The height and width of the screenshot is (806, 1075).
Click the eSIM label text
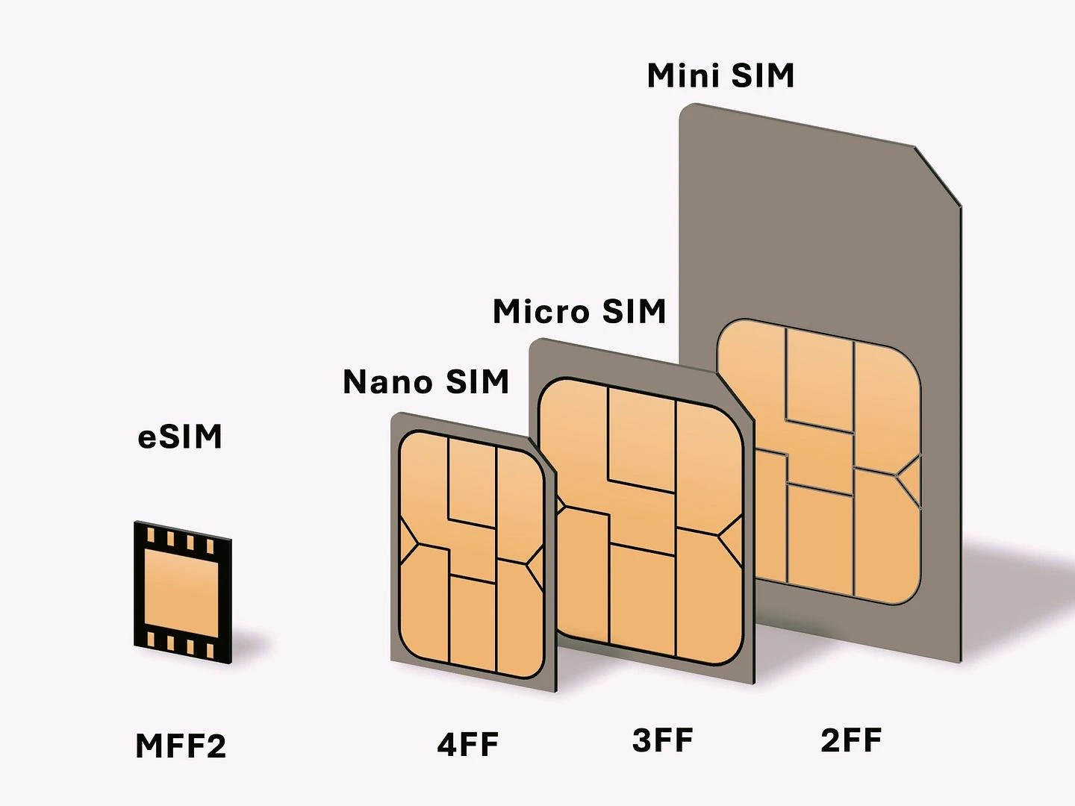pyautogui.click(x=180, y=437)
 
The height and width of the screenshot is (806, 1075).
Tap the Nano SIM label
pyautogui.click(x=426, y=381)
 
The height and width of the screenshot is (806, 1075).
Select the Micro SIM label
pyautogui.click(x=579, y=311)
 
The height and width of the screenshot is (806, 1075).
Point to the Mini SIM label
pyautogui.click(x=720, y=75)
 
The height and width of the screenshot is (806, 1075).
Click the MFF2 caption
pyautogui.click(x=181, y=746)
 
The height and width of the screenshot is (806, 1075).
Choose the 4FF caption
pyautogui.click(x=468, y=744)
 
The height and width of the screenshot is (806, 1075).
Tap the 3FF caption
pyautogui.click(x=663, y=740)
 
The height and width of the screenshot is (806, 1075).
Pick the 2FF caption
pyautogui.click(x=851, y=740)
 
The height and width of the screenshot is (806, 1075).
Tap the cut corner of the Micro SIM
pyautogui.click(x=735, y=396)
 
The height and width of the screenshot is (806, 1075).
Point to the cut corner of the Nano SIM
pyautogui.click(x=543, y=455)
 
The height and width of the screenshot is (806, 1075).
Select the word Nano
pyautogui.click(x=387, y=381)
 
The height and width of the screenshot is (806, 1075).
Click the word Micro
pyautogui.click(x=540, y=311)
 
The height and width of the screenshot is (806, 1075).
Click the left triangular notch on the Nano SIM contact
pyautogui.click(x=408, y=542)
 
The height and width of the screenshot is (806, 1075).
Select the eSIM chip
pyautogui.click(x=183, y=592)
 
